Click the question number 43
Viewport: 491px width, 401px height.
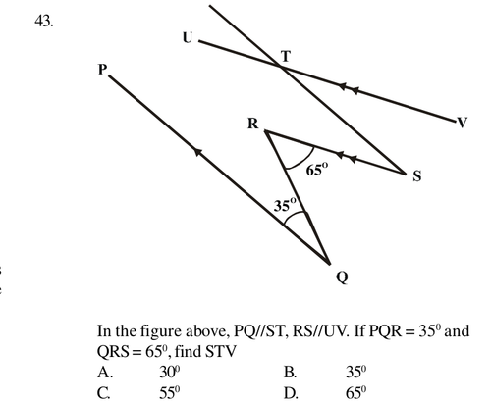(x=44, y=22)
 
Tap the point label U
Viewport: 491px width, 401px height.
(x=188, y=37)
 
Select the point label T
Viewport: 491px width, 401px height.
(x=286, y=56)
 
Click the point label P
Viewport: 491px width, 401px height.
(x=102, y=70)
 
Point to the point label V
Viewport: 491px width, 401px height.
(x=462, y=123)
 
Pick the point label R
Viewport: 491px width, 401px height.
(x=253, y=124)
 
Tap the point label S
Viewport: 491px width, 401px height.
(x=416, y=176)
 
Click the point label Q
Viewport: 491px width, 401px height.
(x=342, y=277)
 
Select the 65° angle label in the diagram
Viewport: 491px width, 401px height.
(x=316, y=170)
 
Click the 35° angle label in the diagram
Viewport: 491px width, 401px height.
(x=285, y=205)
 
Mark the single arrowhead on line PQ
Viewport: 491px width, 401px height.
(x=198, y=152)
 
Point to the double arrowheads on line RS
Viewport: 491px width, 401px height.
(x=347, y=157)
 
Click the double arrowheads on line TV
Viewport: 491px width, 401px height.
(x=349, y=88)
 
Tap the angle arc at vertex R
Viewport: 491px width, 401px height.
(x=304, y=162)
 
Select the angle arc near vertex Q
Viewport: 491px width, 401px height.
(x=296, y=216)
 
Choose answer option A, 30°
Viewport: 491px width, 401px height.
(x=138, y=372)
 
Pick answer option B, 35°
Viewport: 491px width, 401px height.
(x=325, y=372)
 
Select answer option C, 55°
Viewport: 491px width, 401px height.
(x=138, y=392)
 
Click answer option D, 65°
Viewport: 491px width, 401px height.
(x=325, y=392)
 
